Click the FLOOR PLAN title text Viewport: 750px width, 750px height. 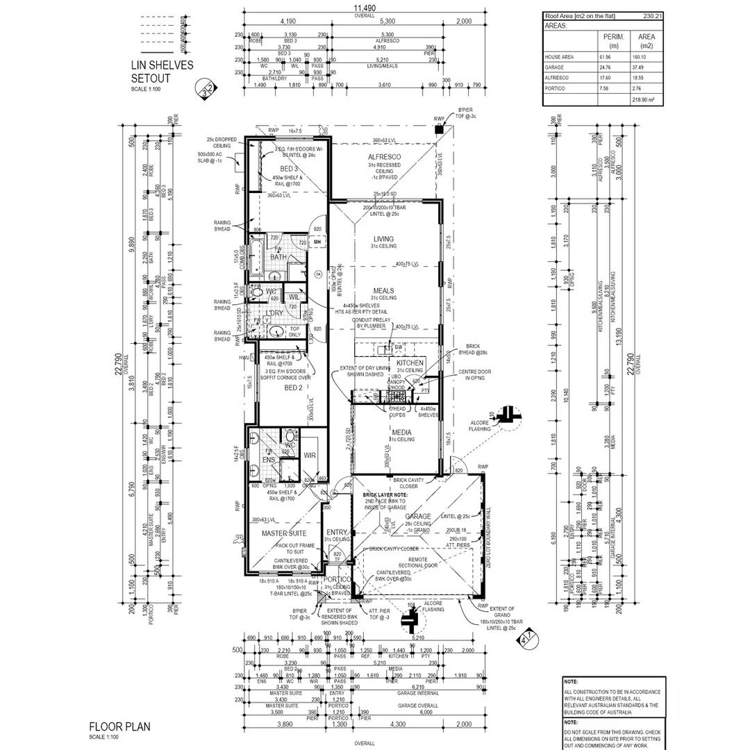119,727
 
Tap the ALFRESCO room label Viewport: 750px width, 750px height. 384,158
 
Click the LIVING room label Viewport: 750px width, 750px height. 383,239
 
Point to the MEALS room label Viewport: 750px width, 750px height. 383,291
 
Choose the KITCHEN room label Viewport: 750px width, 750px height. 410,363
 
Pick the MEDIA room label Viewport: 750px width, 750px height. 401,431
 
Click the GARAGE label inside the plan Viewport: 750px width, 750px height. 418,517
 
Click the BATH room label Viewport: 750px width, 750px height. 278,257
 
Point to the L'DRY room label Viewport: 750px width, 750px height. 275,313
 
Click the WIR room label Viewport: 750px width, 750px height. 310,456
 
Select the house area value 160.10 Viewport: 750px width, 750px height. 647,58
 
